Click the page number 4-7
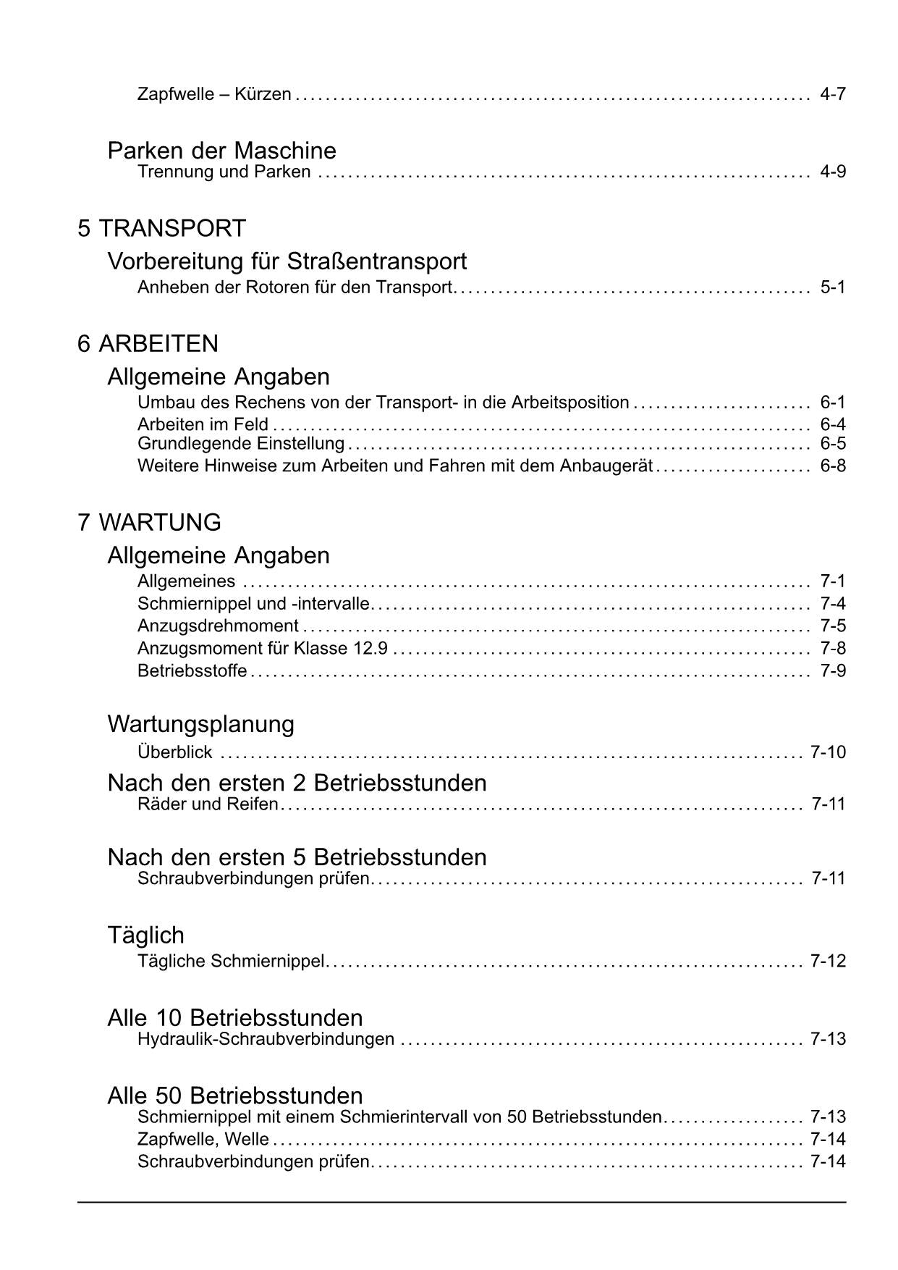click(832, 94)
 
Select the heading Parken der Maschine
click(221, 151)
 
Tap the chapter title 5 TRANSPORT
click(161, 229)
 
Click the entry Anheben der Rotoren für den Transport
click(295, 287)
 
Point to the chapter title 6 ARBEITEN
click(148, 343)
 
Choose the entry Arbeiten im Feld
click(203, 424)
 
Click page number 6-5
click(832, 443)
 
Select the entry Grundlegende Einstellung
click(240, 443)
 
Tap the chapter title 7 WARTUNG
click(149, 522)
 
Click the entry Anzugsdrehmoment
click(218, 626)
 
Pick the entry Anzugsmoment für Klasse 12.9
click(263, 648)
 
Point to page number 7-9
click(832, 670)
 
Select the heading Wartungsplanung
click(200, 724)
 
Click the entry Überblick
click(174, 752)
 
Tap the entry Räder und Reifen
click(208, 804)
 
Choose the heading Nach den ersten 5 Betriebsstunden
click(297, 857)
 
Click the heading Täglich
click(145, 935)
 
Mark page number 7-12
click(828, 961)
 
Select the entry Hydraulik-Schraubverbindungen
click(266, 1039)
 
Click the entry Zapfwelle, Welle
click(203, 1139)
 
